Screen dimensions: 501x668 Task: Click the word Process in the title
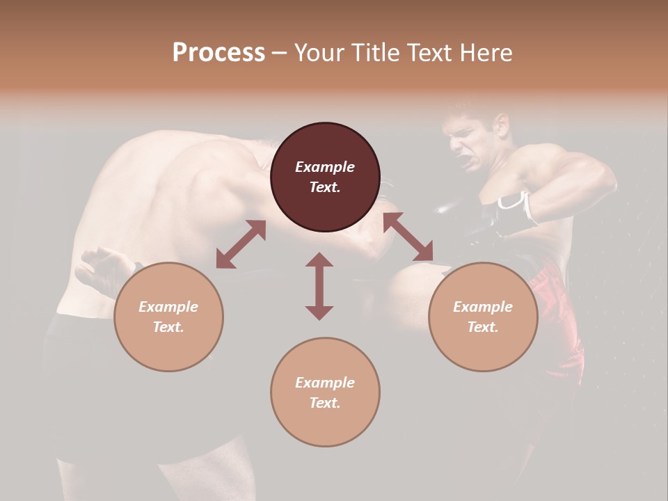click(x=218, y=53)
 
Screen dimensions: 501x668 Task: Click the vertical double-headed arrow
click(x=319, y=286)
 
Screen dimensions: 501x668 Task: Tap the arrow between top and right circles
click(x=408, y=237)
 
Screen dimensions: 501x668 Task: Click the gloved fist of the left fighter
click(x=104, y=269)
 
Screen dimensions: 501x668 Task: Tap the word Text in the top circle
click(x=324, y=187)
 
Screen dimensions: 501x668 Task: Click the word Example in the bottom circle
click(x=325, y=383)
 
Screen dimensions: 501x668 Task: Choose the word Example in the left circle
click(x=168, y=307)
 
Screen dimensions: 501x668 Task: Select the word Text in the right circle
click(x=482, y=327)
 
